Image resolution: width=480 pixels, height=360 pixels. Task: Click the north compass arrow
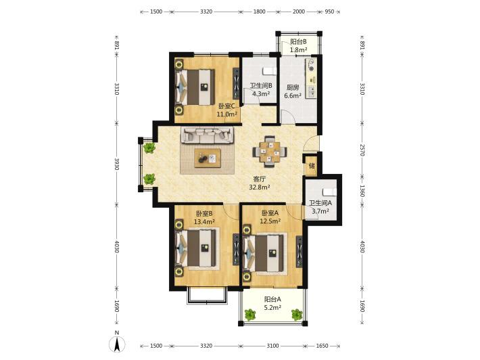117,344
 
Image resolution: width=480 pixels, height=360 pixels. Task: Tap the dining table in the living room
270,152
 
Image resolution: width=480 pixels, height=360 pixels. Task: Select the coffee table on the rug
208,158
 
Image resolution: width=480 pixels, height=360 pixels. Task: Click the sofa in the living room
208,135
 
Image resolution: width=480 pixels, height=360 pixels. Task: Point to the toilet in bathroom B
269,71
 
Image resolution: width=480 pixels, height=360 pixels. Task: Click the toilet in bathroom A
329,192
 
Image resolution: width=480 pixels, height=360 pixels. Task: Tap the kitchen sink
312,91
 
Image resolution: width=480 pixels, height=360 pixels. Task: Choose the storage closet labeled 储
312,166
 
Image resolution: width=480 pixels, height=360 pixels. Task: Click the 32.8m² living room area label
260,187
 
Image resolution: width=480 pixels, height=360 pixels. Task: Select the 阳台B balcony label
298,41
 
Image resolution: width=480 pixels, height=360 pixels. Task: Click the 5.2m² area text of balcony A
272,307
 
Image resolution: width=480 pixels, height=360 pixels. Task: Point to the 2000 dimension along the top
299,12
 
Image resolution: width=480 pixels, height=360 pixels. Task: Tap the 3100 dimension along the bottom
272,346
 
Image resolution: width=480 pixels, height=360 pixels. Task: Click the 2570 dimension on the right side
362,150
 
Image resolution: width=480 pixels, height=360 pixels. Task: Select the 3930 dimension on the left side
117,164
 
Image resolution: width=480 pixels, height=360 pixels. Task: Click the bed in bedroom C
195,87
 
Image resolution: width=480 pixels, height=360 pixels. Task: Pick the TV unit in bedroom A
299,252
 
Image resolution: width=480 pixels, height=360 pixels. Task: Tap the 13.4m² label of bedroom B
204,221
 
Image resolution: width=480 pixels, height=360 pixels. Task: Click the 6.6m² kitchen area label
293,95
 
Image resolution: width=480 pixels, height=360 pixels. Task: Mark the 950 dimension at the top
329,12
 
